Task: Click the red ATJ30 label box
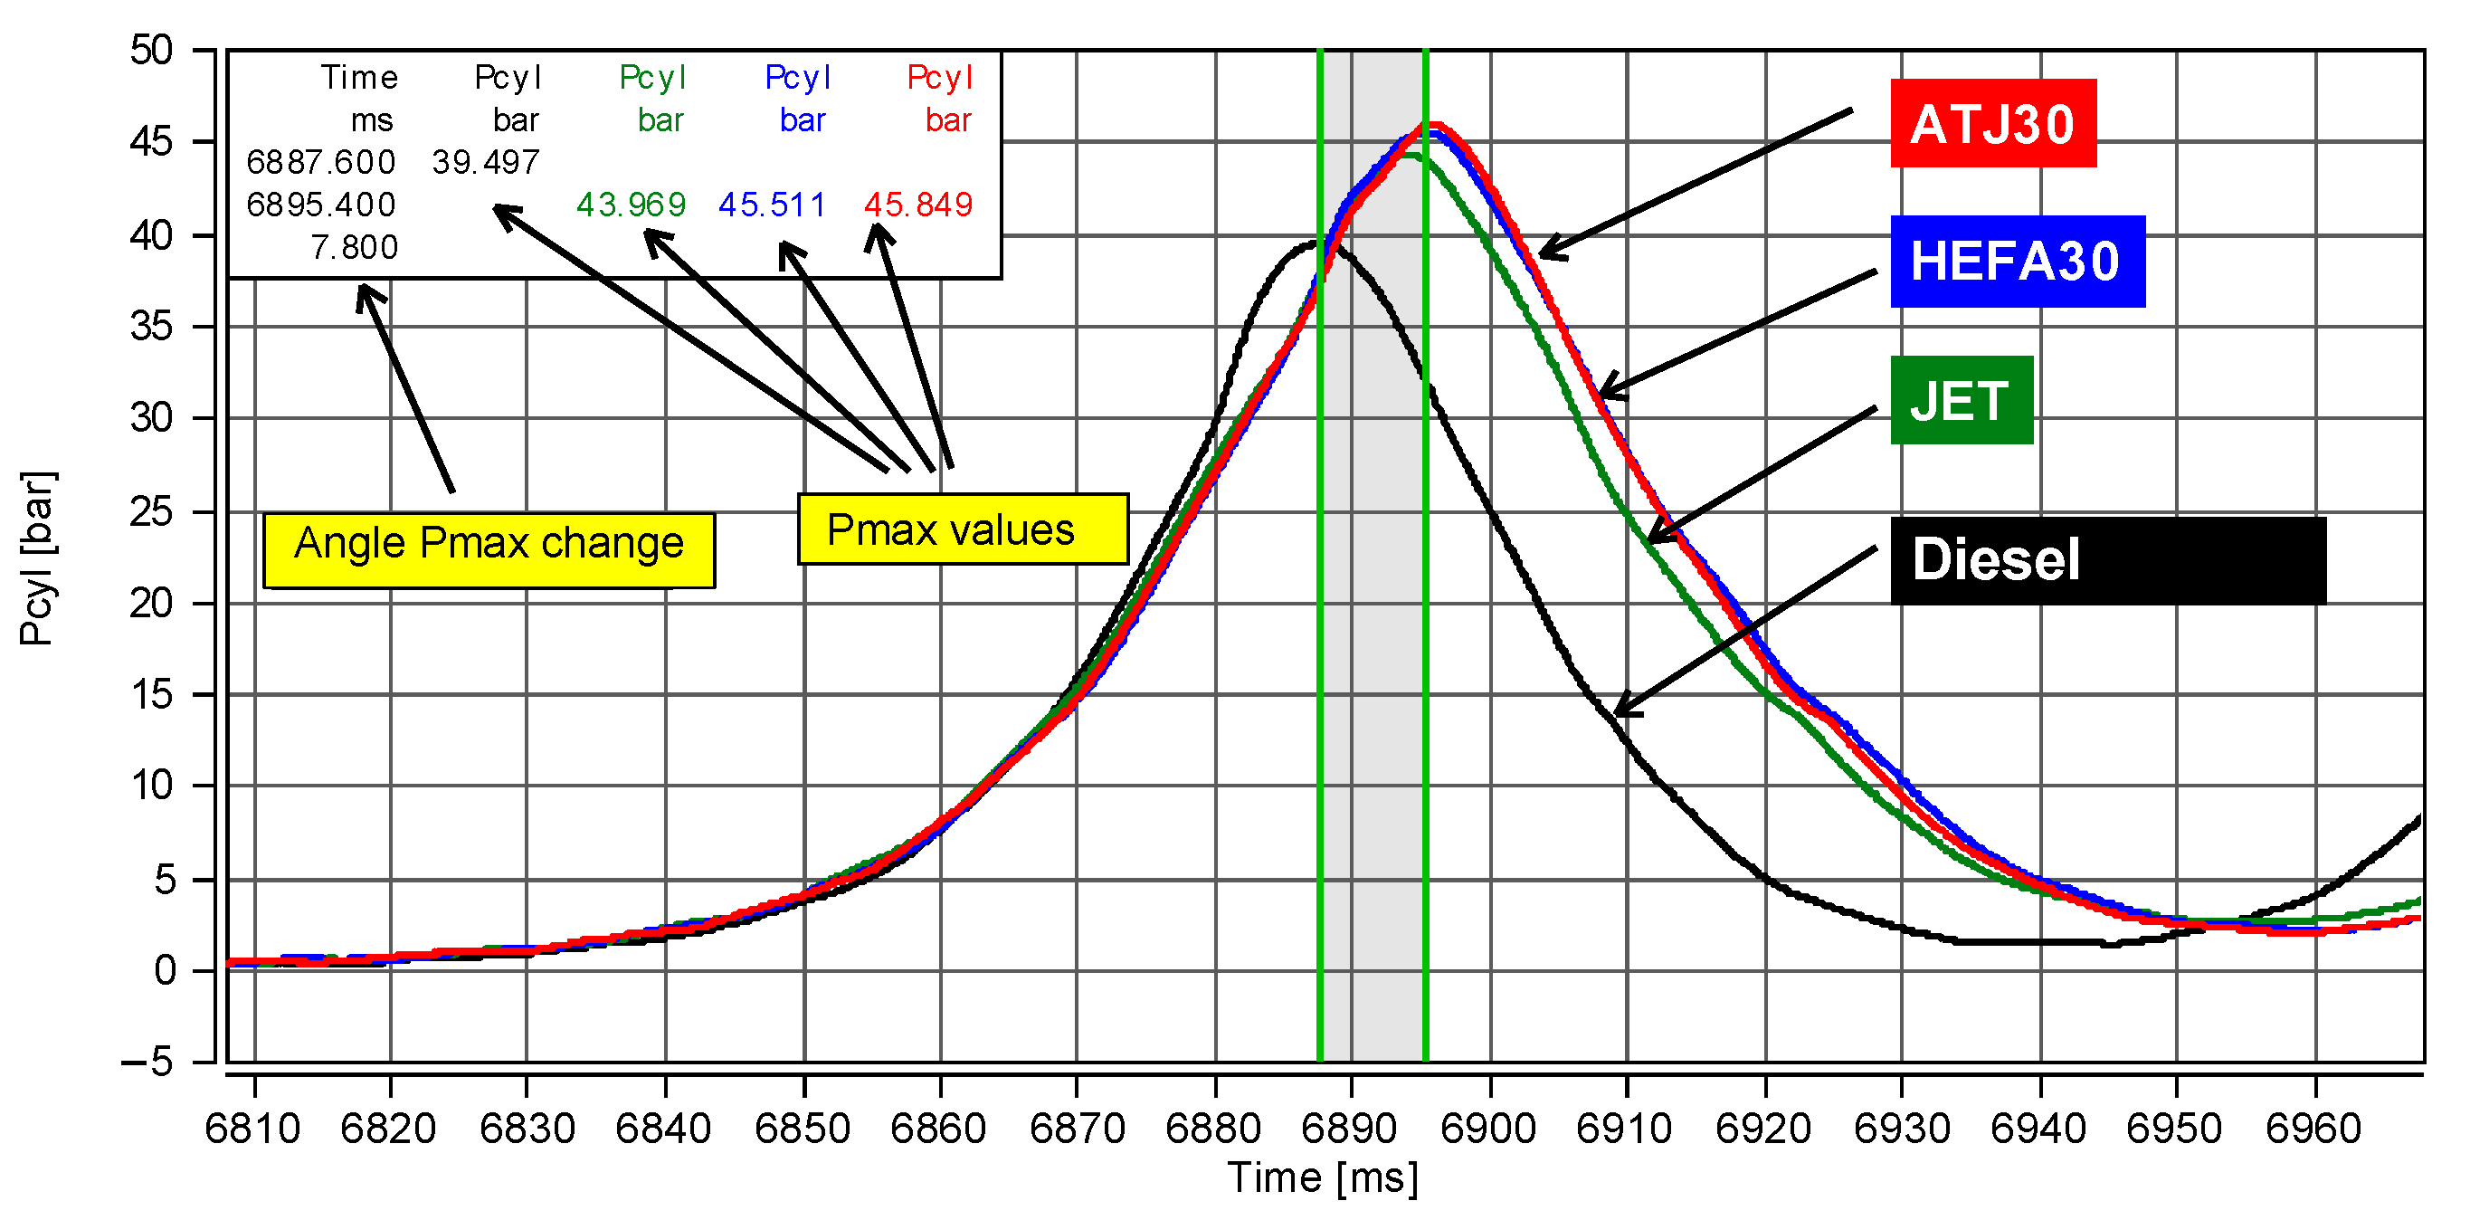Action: (x=1992, y=124)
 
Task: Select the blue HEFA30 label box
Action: (x=2017, y=261)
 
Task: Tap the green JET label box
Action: (x=1961, y=400)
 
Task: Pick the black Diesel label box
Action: (x=2107, y=560)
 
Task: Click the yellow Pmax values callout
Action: (x=962, y=529)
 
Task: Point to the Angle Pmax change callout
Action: (x=488, y=549)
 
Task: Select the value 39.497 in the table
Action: (x=485, y=162)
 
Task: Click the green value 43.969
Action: (x=631, y=205)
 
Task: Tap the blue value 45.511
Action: (x=772, y=205)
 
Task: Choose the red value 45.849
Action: (x=917, y=205)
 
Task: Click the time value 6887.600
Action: (x=320, y=162)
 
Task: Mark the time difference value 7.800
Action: (x=354, y=247)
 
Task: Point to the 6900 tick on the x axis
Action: (x=1488, y=1129)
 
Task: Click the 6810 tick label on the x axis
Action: (x=253, y=1129)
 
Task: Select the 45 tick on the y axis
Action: (x=151, y=142)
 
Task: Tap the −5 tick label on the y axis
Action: (x=147, y=1062)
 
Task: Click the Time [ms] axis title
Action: (x=1322, y=1177)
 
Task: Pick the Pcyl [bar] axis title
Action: (x=38, y=558)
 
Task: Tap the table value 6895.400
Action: (x=320, y=205)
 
